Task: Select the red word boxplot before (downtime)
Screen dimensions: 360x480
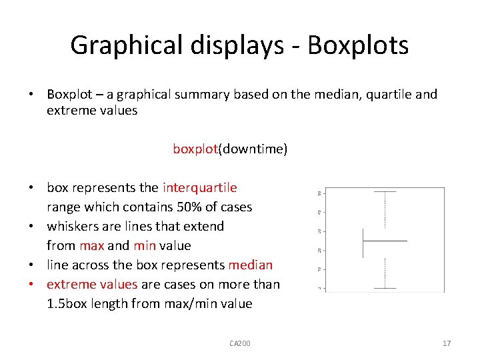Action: [x=195, y=149]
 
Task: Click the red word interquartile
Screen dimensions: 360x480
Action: [x=199, y=188]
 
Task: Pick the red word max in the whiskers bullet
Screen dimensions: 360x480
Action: [x=92, y=245]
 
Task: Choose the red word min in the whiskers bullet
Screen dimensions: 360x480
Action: [x=145, y=245]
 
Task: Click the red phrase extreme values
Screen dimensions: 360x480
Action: [x=92, y=284]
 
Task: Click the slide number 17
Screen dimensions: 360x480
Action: [x=447, y=343]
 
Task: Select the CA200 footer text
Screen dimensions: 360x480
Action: [x=239, y=343]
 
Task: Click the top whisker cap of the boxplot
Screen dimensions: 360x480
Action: [x=385, y=192]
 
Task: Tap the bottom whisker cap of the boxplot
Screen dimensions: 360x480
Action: [x=385, y=288]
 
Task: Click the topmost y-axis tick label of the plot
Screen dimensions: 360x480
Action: [x=321, y=193]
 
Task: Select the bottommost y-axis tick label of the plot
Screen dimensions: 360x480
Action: [x=321, y=288]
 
